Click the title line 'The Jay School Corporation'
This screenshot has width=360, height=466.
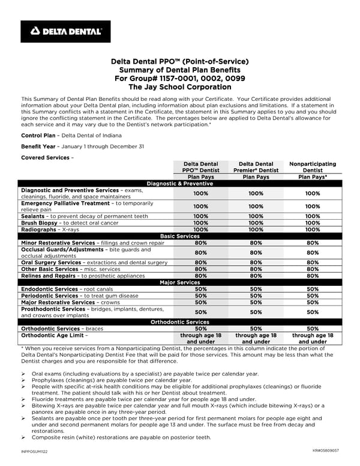180,87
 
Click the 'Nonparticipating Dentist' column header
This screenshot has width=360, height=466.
313,167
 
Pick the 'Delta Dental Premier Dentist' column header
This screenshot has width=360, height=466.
256,167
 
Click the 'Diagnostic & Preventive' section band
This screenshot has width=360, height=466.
180,183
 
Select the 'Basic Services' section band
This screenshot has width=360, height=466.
180,236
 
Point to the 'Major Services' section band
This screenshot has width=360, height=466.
180,282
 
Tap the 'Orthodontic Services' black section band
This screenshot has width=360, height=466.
180,322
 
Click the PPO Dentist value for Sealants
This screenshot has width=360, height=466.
201,216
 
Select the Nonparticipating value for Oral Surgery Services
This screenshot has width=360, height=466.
313,262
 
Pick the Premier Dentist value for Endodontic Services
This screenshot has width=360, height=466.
256,289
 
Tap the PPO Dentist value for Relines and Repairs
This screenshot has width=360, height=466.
201,276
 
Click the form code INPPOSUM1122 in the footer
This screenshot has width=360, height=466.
34,452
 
